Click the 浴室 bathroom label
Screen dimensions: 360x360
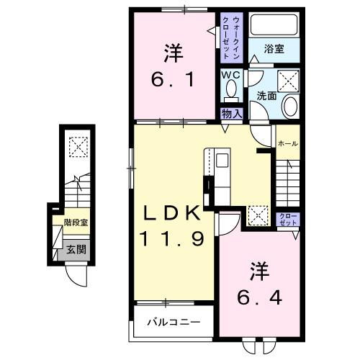pyautogui.click(x=274, y=50)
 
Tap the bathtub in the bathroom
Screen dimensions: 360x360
pyautogui.click(x=274, y=26)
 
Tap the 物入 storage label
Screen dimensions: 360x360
pyautogui.click(x=231, y=113)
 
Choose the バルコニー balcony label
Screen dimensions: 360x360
pyautogui.click(x=172, y=322)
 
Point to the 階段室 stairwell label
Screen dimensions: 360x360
pyautogui.click(x=76, y=223)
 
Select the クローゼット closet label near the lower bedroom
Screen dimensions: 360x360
pyautogui.click(x=287, y=219)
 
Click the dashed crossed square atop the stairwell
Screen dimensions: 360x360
pyautogui.click(x=76, y=147)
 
